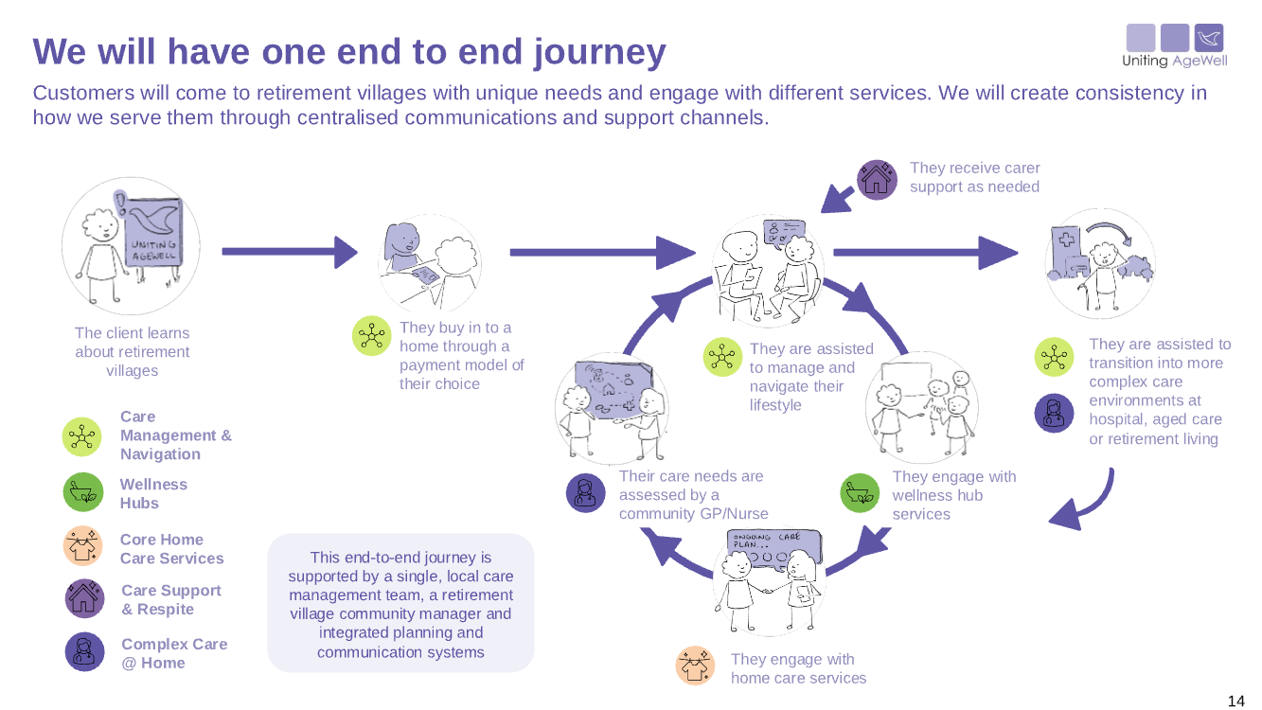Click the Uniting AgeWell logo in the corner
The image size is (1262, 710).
[x=1174, y=45]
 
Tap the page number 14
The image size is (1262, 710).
[x=1235, y=701]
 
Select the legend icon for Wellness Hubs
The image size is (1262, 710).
[x=82, y=492]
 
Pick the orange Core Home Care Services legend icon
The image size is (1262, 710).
[x=82, y=546]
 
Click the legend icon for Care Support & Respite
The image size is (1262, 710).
[x=84, y=598]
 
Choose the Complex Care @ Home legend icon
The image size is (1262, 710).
[x=84, y=651]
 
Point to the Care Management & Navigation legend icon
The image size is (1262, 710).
[x=82, y=435]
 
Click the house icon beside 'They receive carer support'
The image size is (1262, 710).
[x=877, y=179]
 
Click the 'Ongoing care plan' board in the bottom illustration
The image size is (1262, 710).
[x=773, y=548]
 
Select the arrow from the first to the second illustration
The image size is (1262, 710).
[x=289, y=252]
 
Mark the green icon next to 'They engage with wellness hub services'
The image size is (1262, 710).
[x=861, y=493]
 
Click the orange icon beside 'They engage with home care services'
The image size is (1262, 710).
[x=695, y=666]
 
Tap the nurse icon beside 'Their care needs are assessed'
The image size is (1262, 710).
[x=586, y=493]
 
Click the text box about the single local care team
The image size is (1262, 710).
[x=400, y=603]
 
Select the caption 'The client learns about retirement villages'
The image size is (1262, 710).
[x=132, y=351]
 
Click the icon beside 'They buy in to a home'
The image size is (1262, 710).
[x=371, y=336]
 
